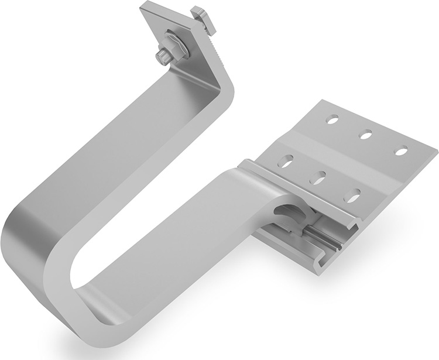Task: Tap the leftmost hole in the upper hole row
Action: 332,119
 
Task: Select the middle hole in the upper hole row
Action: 366,135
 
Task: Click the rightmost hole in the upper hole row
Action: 401,151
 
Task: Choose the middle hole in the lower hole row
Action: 318,177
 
